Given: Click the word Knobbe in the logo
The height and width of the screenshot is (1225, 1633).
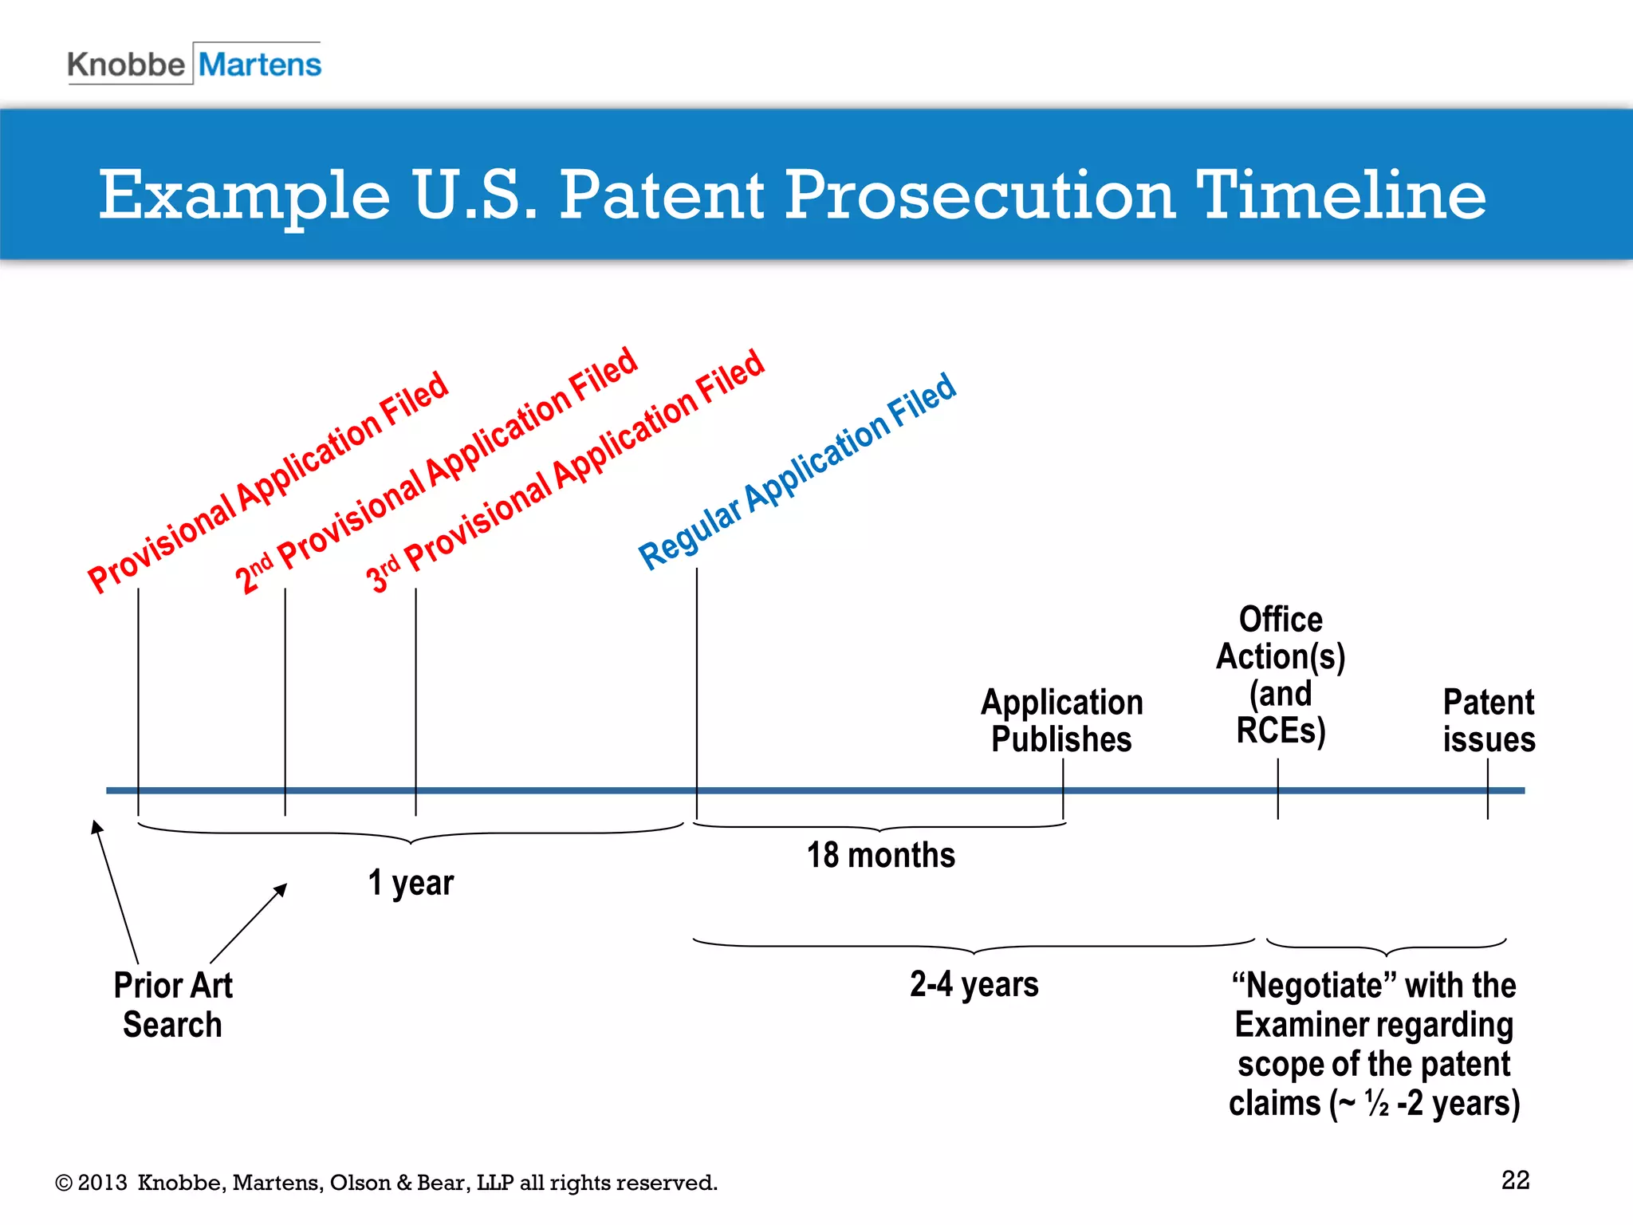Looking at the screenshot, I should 126,65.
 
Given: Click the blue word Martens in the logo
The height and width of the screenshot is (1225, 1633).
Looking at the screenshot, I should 260,65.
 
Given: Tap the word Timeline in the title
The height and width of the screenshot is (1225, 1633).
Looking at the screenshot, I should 1341,195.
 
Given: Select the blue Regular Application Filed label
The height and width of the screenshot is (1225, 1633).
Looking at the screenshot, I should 797,471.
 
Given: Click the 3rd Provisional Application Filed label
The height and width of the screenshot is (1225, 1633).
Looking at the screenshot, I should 565,471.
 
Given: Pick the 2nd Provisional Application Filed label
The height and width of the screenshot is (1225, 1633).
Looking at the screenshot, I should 435,471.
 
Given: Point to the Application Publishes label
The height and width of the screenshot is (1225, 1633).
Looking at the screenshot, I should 1061,720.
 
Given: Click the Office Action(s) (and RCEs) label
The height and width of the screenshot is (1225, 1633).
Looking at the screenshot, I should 1281,675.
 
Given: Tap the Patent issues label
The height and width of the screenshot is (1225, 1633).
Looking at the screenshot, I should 1488,720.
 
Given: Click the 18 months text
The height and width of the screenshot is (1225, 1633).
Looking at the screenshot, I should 880,855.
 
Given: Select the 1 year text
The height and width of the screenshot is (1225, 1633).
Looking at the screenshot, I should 411,883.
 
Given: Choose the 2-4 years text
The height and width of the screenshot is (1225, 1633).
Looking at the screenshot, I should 974,984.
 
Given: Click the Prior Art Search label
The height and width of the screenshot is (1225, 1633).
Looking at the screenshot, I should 172,1005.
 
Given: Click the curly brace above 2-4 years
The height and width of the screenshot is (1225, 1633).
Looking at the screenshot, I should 974,947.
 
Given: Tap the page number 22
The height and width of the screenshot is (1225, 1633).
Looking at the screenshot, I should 1515,1180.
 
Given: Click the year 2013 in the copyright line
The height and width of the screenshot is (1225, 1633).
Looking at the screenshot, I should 102,1183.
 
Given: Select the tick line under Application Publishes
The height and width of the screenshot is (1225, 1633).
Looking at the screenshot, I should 1063,790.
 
